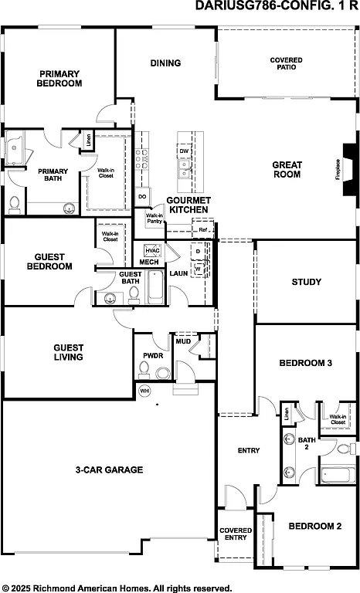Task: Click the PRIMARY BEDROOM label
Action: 59,79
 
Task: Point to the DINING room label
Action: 165,63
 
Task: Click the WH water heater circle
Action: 144,391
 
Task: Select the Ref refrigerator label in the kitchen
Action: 202,229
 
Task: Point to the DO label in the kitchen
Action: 142,197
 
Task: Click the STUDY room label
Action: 306,282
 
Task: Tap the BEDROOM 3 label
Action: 305,363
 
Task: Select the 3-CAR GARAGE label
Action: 109,469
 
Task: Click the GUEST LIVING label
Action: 68,352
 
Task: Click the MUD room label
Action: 183,341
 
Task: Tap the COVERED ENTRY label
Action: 236,534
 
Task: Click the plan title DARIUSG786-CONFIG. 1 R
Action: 277,6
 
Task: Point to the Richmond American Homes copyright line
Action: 117,587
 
